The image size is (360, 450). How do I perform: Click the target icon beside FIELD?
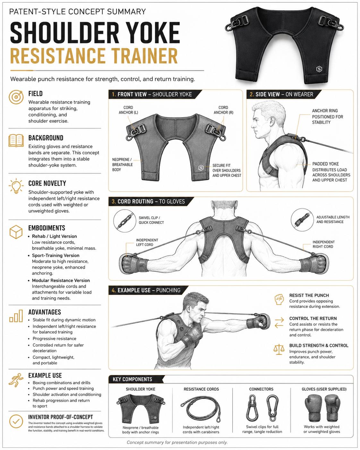pos(16,97)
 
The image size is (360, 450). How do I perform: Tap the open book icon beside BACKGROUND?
pos(16,140)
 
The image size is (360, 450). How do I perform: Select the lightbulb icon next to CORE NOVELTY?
pos(16,186)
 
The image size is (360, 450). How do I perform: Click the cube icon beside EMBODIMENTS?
pos(16,232)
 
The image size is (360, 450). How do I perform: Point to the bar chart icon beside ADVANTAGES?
pos(16,316)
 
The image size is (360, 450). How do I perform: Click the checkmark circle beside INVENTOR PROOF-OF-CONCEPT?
pos(16,421)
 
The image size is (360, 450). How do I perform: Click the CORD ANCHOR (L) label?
pos(128,110)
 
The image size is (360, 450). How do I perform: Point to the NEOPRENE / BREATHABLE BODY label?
pos(122,164)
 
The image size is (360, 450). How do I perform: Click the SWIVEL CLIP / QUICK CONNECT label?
pos(151,220)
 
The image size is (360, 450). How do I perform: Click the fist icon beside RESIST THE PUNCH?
pos(279,299)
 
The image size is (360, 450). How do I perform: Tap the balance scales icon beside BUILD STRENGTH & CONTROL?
pos(279,350)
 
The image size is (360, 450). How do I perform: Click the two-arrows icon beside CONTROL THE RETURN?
pos(279,323)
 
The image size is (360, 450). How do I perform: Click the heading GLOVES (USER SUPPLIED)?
pos(324,389)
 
